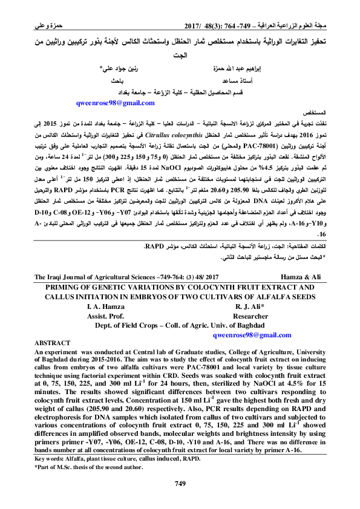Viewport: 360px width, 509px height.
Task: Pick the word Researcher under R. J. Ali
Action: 250,316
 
